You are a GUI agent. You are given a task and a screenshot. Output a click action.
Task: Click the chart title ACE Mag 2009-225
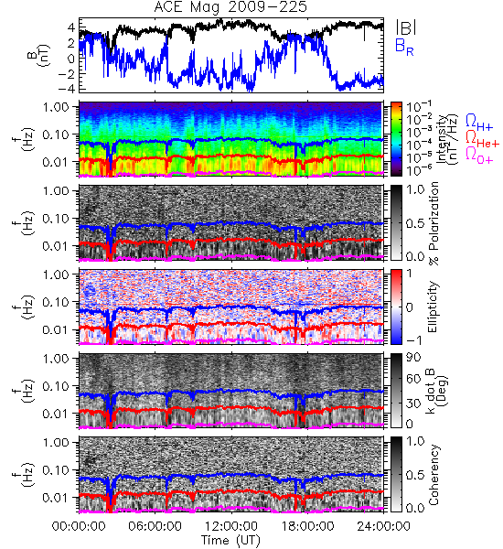pyautogui.click(x=230, y=7)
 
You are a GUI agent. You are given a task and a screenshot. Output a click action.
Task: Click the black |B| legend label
pyautogui.click(x=406, y=27)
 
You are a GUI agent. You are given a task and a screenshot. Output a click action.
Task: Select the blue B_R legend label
pyautogui.click(x=404, y=47)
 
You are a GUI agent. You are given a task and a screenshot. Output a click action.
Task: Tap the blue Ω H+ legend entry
pyautogui.click(x=479, y=123)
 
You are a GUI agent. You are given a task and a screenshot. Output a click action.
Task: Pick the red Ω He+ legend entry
pyautogui.click(x=482, y=138)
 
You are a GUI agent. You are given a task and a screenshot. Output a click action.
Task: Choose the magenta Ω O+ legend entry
pyautogui.click(x=479, y=155)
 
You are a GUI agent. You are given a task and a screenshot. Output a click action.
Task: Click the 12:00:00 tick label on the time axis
pyautogui.click(x=231, y=526)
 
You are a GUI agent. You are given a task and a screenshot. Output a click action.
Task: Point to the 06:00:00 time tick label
pyautogui.click(x=155, y=526)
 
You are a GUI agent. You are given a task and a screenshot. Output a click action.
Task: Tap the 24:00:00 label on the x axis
pyautogui.click(x=383, y=526)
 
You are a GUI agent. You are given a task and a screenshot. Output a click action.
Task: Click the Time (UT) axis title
pyautogui.click(x=231, y=541)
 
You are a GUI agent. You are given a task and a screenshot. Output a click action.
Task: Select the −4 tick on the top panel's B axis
pyautogui.click(x=67, y=89)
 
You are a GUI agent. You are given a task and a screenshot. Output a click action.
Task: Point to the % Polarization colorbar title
pyautogui.click(x=434, y=223)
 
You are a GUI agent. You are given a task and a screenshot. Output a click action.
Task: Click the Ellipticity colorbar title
pyautogui.click(x=433, y=307)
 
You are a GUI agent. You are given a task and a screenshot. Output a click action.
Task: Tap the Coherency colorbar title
pyautogui.click(x=433, y=474)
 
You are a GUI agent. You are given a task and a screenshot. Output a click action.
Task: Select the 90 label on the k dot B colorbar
pyautogui.click(x=413, y=358)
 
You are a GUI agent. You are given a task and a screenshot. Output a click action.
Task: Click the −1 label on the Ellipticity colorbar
pyautogui.click(x=414, y=340)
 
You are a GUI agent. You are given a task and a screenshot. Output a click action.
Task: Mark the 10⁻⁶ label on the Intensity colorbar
pyautogui.click(x=420, y=170)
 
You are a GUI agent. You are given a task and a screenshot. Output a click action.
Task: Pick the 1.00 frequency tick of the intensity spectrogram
pyautogui.click(x=58, y=106)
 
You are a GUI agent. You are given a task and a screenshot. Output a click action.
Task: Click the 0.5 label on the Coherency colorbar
pyautogui.click(x=415, y=475)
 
